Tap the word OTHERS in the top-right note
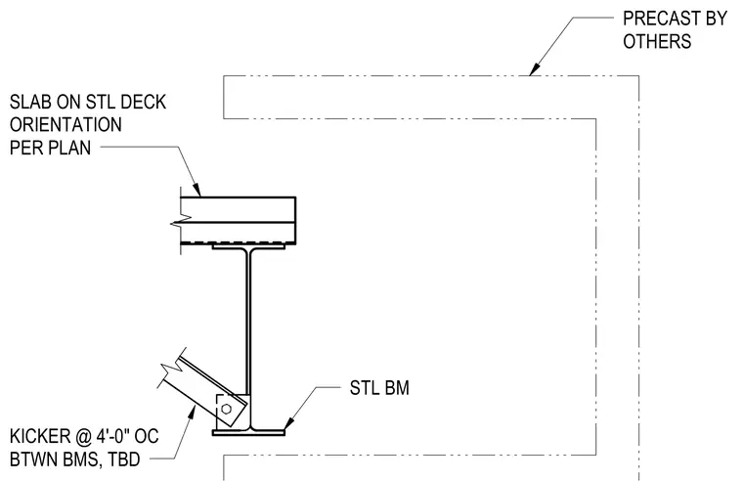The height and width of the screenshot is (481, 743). pyautogui.click(x=657, y=42)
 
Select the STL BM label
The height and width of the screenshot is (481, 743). pyautogui.click(x=379, y=388)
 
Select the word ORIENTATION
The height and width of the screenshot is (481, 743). pyautogui.click(x=66, y=125)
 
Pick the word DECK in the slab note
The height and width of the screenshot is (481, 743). pyautogui.click(x=143, y=103)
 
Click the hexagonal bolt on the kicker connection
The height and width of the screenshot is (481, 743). pyautogui.click(x=226, y=409)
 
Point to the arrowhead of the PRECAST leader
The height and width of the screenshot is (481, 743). pyautogui.click(x=534, y=69)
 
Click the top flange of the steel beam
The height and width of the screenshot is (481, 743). pyautogui.click(x=248, y=247)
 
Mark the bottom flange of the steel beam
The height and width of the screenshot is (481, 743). pyautogui.click(x=248, y=433)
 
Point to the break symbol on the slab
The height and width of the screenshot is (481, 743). pyautogui.click(x=181, y=219)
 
